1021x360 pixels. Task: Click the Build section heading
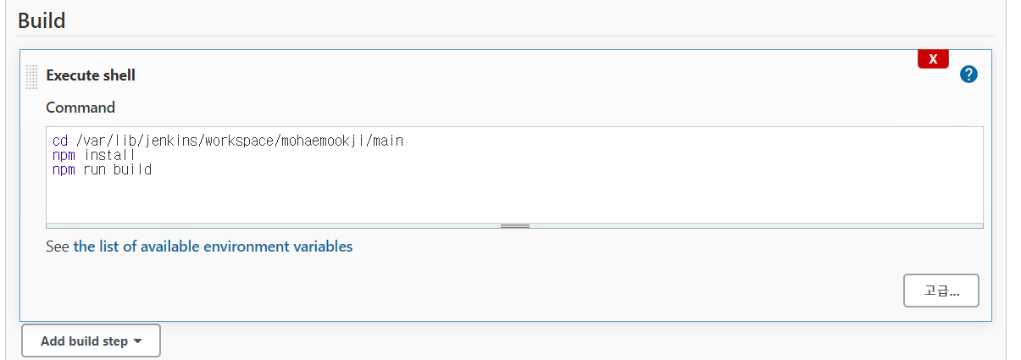coord(42,20)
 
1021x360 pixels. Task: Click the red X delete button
coord(933,59)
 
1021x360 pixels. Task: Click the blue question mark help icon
coord(968,75)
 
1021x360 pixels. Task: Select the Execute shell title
coord(91,75)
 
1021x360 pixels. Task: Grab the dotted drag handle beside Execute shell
coord(31,76)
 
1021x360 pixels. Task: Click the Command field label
coord(80,108)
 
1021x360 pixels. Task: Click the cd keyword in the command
coord(60,141)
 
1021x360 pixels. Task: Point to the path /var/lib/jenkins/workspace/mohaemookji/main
coord(240,141)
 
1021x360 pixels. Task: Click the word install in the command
coord(109,155)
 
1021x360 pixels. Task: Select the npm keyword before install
coord(64,155)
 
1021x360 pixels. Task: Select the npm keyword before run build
coord(64,169)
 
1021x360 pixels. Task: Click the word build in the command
coord(132,169)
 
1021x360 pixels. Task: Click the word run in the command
coord(94,169)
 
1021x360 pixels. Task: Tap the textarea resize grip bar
coord(514,226)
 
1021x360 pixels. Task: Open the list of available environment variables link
coord(213,247)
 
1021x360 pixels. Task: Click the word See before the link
coord(58,247)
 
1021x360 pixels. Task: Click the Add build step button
coord(91,341)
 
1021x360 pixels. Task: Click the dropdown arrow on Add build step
coord(138,341)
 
